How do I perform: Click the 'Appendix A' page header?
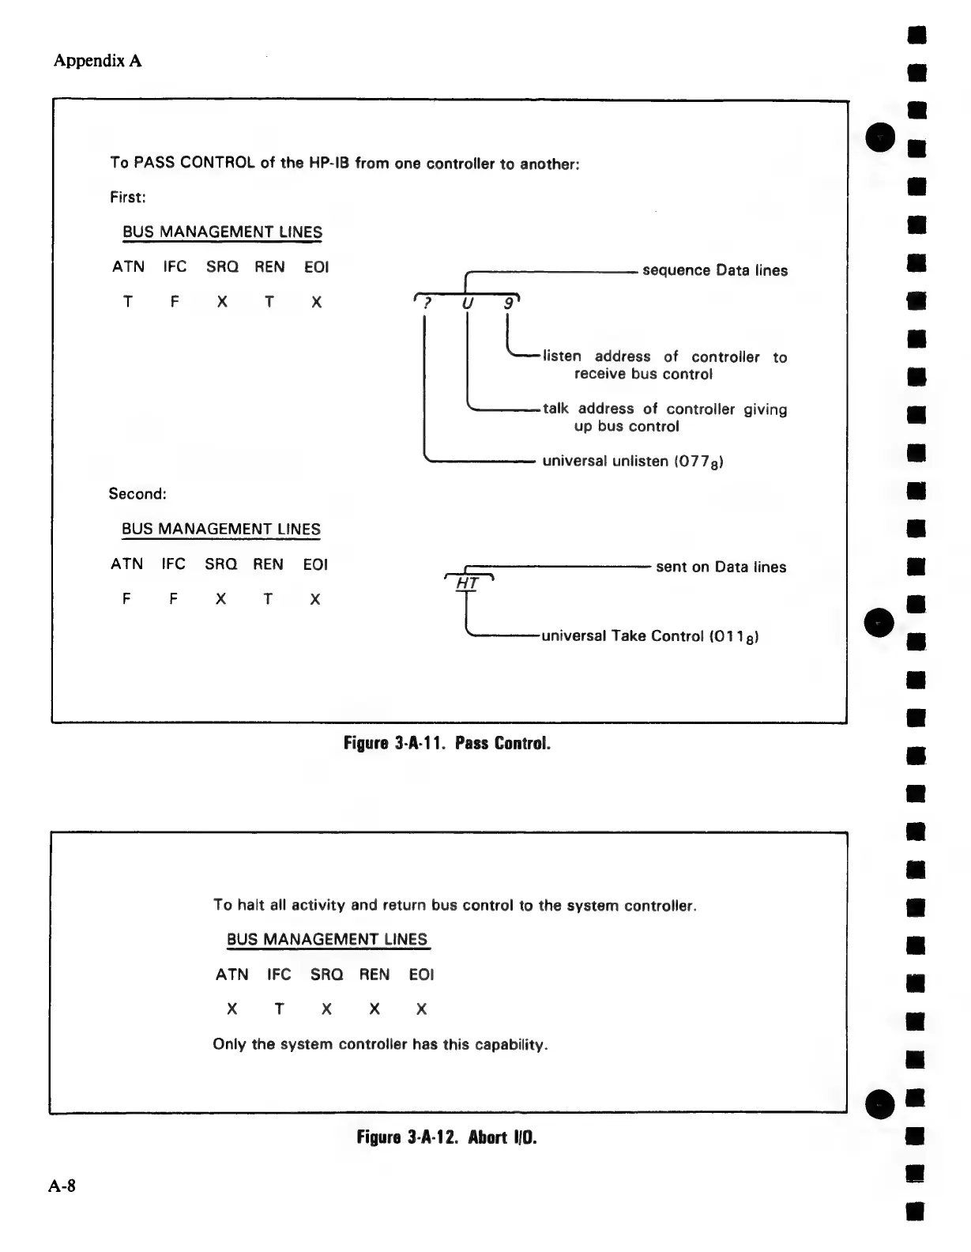(x=97, y=61)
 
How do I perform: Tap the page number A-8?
(x=62, y=1186)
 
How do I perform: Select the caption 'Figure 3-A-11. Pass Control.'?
(x=446, y=744)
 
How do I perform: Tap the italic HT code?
(x=469, y=584)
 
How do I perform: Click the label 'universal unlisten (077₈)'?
(x=633, y=461)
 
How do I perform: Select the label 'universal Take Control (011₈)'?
(x=650, y=636)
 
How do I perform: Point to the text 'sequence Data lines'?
(x=715, y=270)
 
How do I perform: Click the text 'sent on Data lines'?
(x=721, y=567)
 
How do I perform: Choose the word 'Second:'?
(x=137, y=494)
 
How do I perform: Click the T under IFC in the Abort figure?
(x=279, y=1009)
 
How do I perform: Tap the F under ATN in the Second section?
(x=126, y=599)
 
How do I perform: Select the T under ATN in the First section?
(x=128, y=302)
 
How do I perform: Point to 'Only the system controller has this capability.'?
(x=380, y=1044)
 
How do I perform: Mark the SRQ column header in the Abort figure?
(x=326, y=975)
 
